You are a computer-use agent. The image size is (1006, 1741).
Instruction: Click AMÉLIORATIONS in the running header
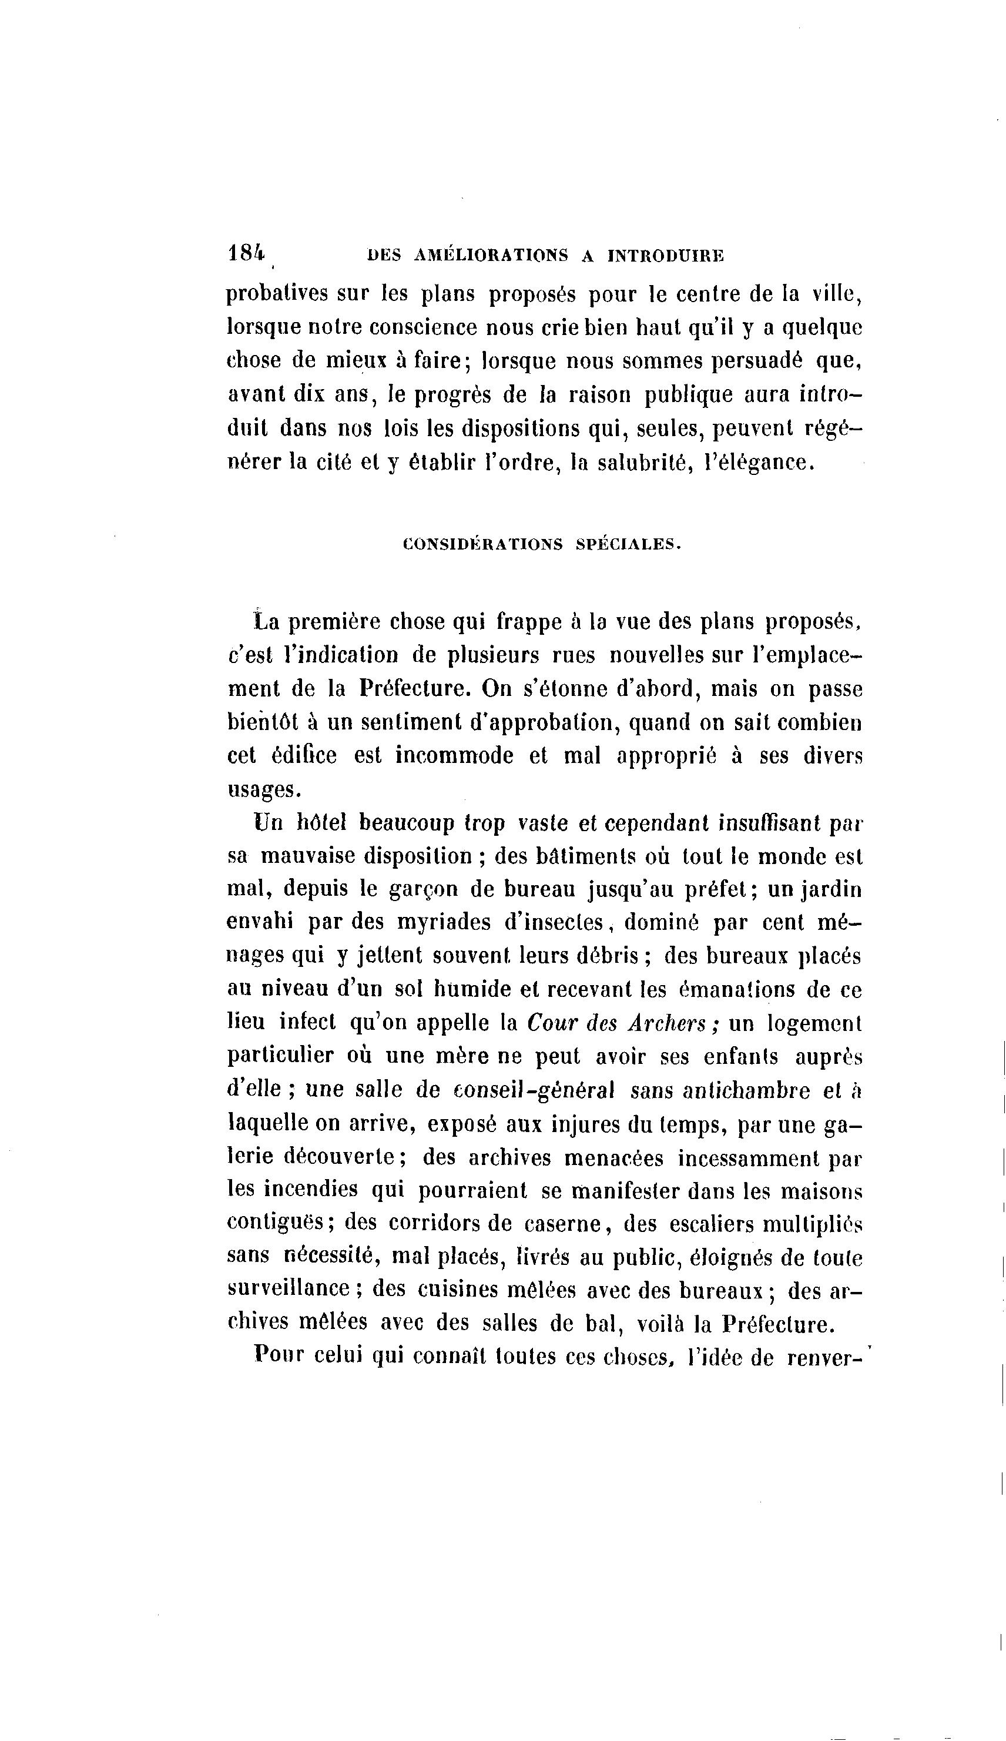pos(492,256)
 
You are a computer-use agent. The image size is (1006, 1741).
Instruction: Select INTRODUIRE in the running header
pos(666,256)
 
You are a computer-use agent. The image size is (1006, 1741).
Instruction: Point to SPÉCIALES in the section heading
pos(628,544)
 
